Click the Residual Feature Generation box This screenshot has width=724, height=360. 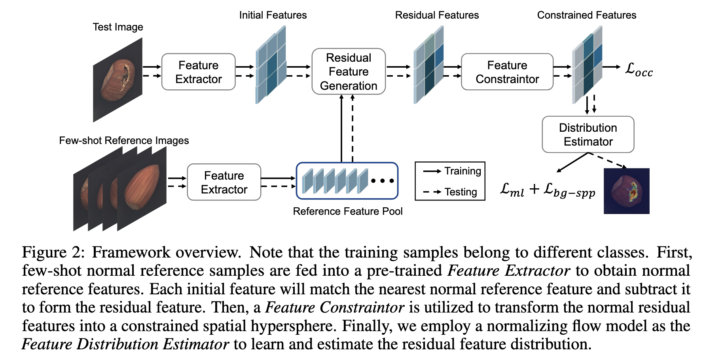[x=349, y=72]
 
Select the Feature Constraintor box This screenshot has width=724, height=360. [x=507, y=72]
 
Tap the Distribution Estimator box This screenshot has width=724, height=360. [x=588, y=135]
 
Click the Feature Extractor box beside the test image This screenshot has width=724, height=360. [x=198, y=72]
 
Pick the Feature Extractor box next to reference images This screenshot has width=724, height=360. [x=224, y=182]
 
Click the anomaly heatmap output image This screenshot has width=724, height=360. [x=626, y=191]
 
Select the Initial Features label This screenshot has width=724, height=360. [x=273, y=15]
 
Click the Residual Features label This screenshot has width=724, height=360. [x=437, y=15]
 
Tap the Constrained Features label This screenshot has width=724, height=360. [x=586, y=15]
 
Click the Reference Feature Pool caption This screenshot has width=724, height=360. [x=347, y=211]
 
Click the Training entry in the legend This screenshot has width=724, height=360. [x=462, y=171]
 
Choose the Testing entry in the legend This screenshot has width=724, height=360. [x=460, y=192]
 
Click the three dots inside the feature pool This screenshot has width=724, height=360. [x=382, y=181]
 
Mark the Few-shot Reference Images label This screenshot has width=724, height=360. [x=124, y=140]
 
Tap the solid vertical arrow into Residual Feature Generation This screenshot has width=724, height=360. [x=341, y=129]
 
